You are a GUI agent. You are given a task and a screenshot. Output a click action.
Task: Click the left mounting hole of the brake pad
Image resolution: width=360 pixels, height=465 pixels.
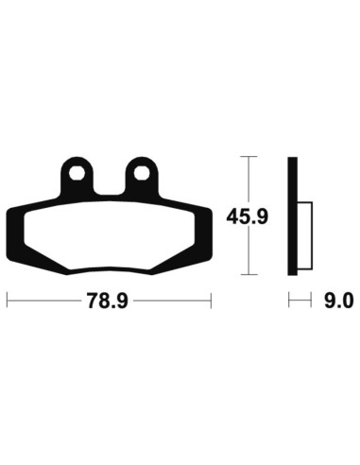point(77,174)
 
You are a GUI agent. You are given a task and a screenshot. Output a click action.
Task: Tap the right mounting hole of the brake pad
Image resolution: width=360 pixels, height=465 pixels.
point(142,174)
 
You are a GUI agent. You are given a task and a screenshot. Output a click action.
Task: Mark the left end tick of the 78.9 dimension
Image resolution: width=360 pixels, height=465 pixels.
point(8,301)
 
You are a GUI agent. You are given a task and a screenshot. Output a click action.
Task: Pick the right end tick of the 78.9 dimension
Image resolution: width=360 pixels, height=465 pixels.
point(210,301)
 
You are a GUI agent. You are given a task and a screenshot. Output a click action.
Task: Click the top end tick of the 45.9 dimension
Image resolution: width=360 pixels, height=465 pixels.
point(248,157)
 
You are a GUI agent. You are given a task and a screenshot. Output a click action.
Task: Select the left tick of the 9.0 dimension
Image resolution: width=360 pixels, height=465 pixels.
point(289,301)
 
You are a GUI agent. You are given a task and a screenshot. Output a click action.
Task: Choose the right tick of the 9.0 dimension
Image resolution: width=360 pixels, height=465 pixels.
point(311,301)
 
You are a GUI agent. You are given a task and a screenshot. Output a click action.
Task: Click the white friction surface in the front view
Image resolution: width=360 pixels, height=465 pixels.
point(109,236)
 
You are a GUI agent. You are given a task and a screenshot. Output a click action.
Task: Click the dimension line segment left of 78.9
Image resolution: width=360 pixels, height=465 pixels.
point(43,301)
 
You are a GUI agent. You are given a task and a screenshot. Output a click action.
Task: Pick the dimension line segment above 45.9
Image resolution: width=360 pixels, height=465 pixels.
point(248,180)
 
